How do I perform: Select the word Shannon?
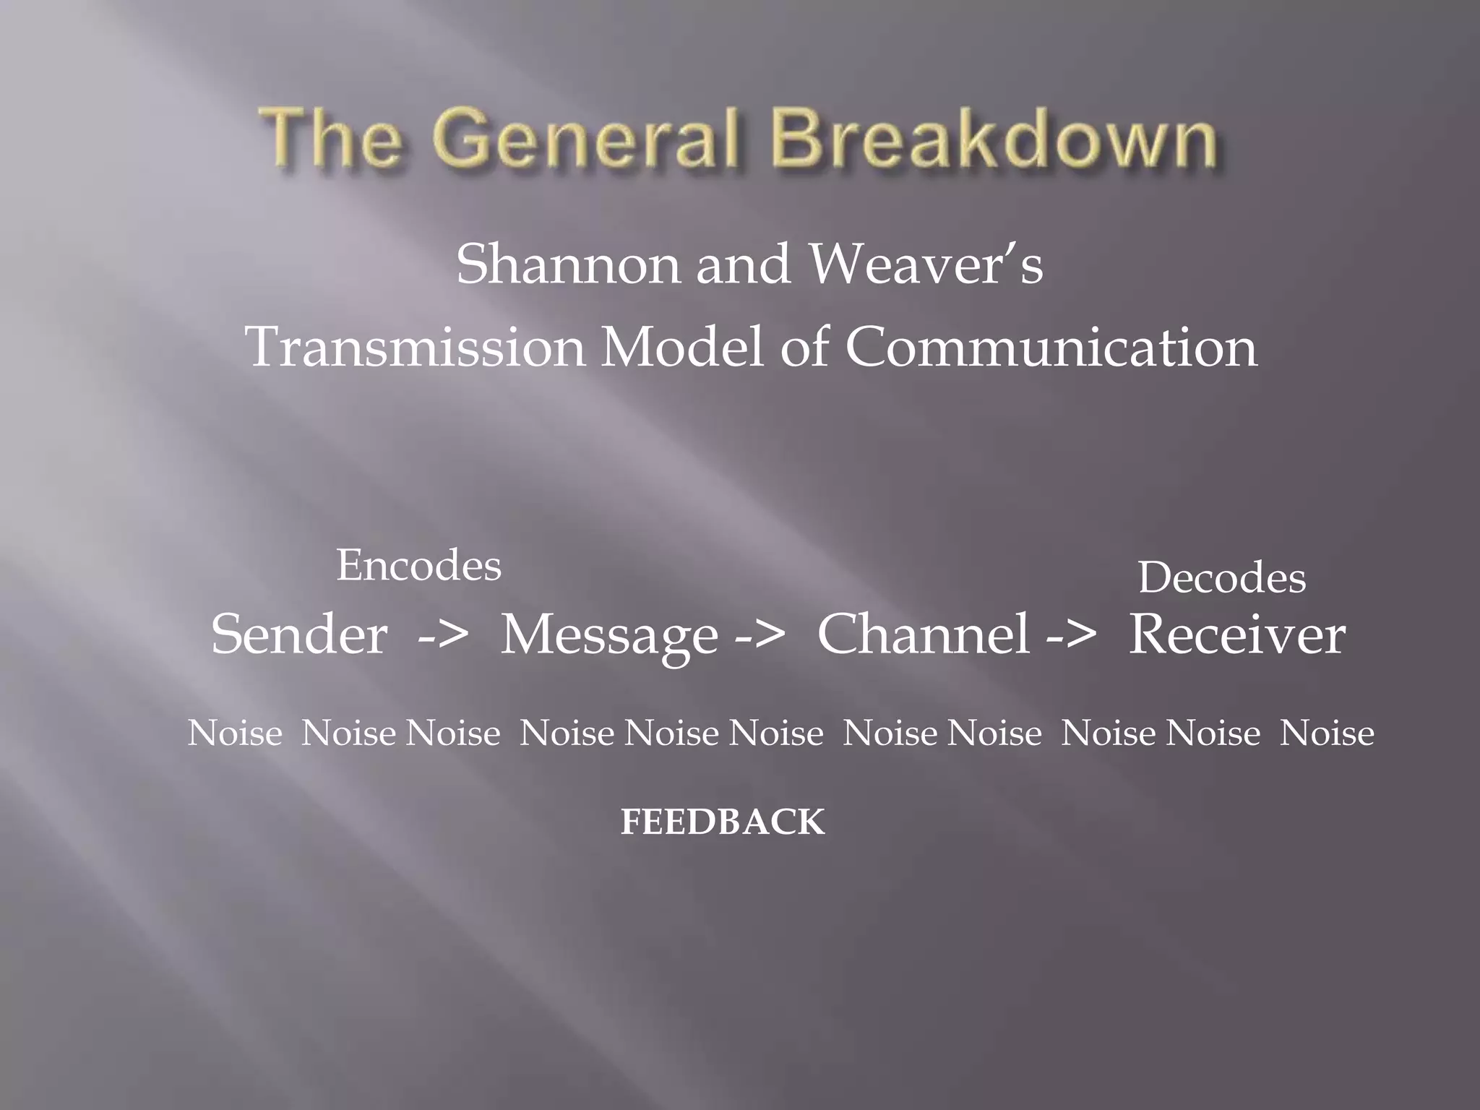568,264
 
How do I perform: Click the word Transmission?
416,348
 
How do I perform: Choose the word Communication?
1051,348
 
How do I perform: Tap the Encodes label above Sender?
418,565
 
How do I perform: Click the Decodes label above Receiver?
1222,578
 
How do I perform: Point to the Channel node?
923,634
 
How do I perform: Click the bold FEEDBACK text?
723,822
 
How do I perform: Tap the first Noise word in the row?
235,733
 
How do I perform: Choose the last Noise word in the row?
1327,733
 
